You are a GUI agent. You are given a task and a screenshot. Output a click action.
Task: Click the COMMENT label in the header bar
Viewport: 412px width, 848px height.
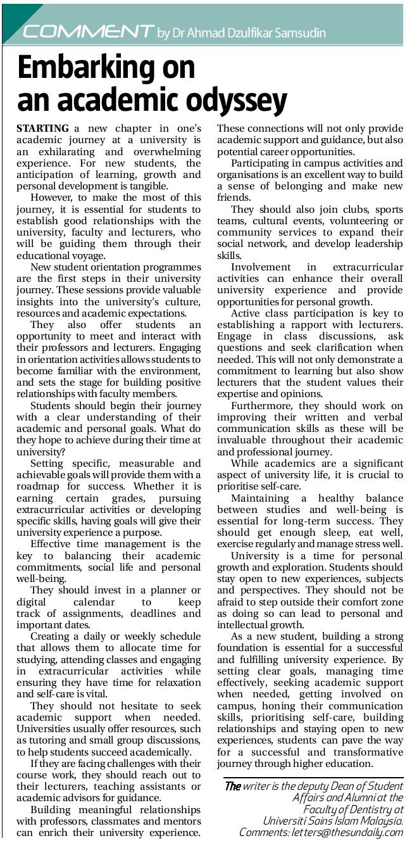tap(88, 30)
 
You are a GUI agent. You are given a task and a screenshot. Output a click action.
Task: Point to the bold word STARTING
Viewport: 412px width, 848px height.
tap(42, 129)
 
